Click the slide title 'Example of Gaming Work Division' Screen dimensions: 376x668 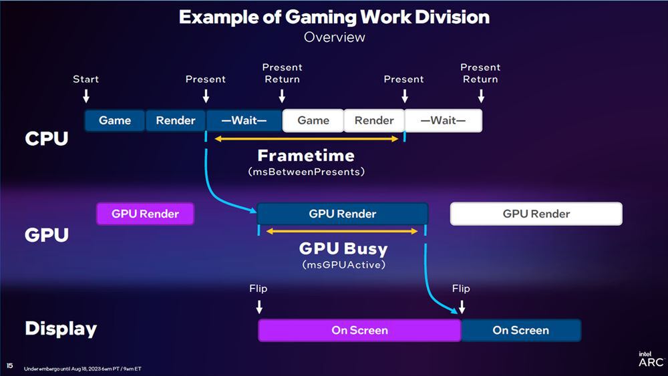(334, 17)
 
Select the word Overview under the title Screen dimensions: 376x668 (334, 37)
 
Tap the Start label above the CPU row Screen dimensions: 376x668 (86, 79)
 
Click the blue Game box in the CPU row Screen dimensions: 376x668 (115, 121)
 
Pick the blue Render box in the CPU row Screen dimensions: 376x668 (176, 121)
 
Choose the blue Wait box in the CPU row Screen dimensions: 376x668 (244, 121)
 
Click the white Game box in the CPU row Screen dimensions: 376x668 (313, 121)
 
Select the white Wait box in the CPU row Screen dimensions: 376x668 (443, 121)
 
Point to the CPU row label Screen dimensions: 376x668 (47, 138)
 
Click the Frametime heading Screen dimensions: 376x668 (306, 156)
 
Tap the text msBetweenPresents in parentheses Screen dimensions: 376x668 (306, 172)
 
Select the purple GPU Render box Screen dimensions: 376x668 (145, 214)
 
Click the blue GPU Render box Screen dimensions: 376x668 (342, 214)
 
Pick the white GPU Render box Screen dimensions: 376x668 (536, 214)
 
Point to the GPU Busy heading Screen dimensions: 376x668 (343, 248)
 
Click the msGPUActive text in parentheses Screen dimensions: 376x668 (343, 264)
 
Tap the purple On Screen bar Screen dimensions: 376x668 (359, 330)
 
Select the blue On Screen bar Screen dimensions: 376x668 (521, 330)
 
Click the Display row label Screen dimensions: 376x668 (61, 329)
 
